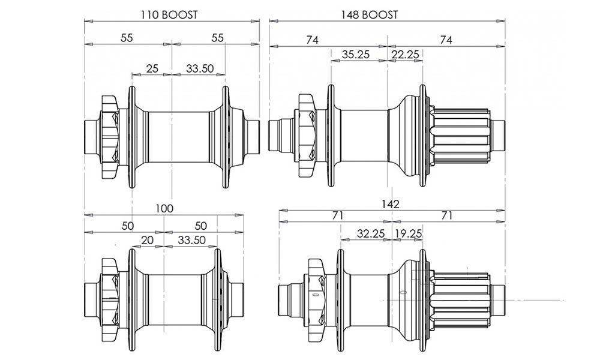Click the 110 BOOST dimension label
coord(169,15)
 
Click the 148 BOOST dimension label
coord(369,15)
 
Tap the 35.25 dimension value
coord(355,55)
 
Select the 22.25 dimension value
coord(405,55)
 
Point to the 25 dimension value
coord(152,68)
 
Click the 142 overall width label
coord(390,204)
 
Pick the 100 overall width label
coord(164,209)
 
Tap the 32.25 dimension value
coord(370,233)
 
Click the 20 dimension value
coord(148,240)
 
